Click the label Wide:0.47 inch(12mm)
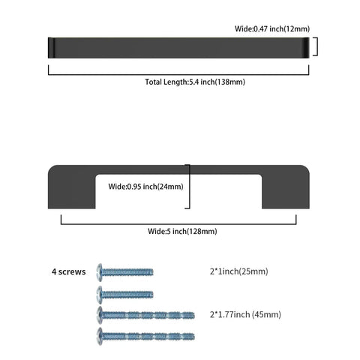[272, 28]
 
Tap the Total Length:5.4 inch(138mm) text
[195, 82]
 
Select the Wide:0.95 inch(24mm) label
[145, 187]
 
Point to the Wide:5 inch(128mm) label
[182, 231]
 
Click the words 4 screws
[69, 271]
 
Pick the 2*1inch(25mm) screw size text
[238, 271]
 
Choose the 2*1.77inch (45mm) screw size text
[245, 314]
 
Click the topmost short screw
[124, 272]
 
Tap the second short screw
[124, 295]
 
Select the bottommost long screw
[145, 337]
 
